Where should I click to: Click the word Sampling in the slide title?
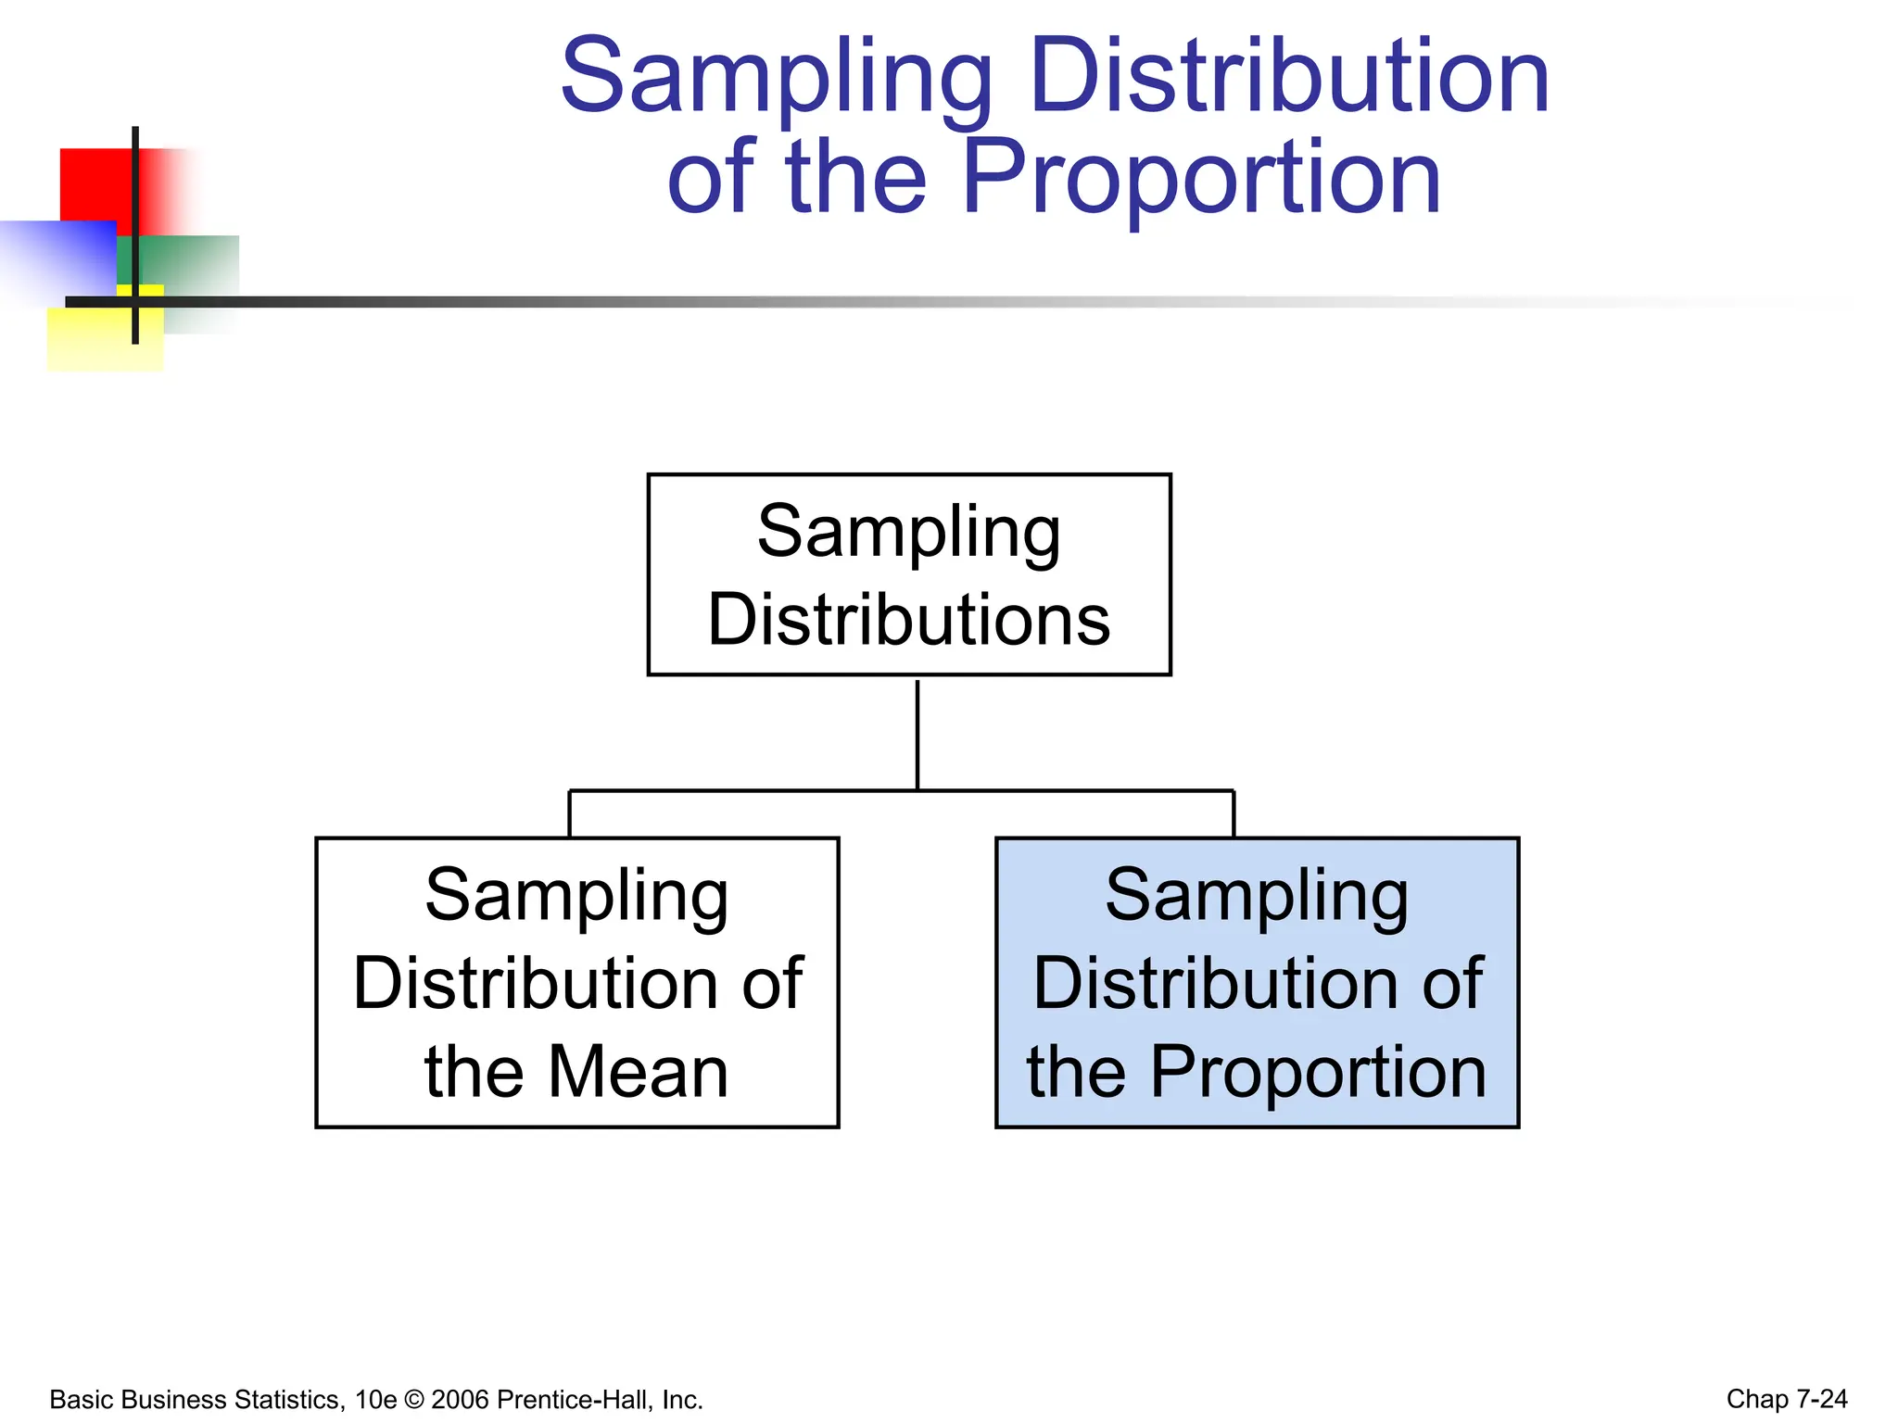point(777,78)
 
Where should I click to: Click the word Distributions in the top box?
point(909,619)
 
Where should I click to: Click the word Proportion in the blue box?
point(1318,1072)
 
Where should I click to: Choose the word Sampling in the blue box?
point(1257,896)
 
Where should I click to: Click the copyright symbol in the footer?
point(413,1399)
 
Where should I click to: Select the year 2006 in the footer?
point(461,1399)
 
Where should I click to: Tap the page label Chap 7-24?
point(1786,1399)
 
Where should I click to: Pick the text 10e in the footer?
point(375,1399)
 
